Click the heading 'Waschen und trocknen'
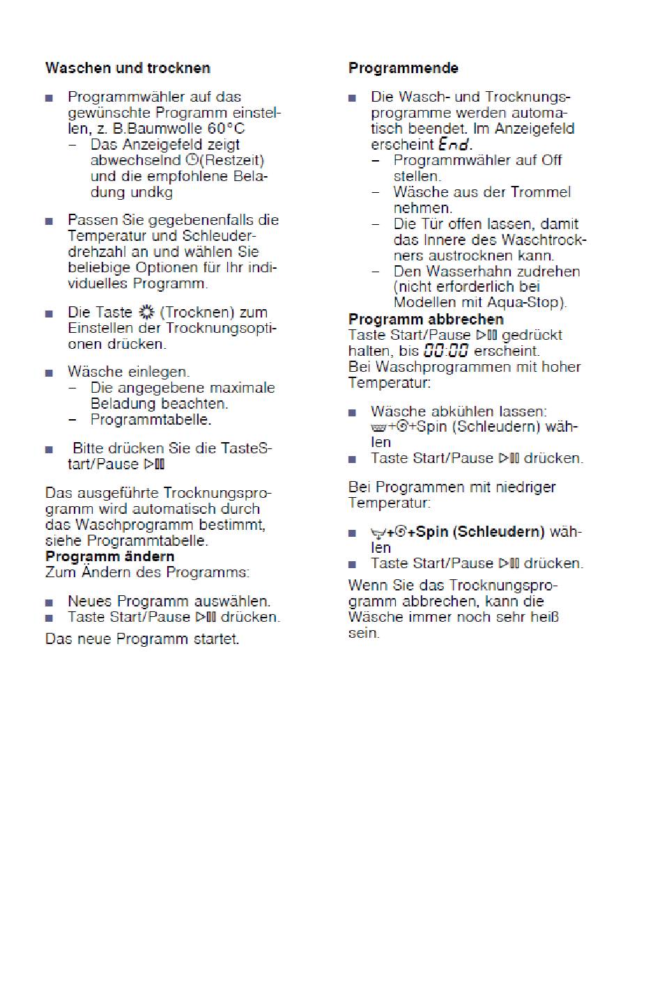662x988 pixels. [x=128, y=68]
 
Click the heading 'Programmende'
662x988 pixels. [x=403, y=68]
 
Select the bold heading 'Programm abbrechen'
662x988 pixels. [x=426, y=320]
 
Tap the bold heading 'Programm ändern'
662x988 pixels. [x=109, y=557]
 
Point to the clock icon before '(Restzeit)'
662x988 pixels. [x=192, y=161]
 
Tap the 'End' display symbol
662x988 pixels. [x=454, y=145]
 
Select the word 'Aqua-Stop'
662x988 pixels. [x=532, y=303]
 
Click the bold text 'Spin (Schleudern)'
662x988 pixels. [x=480, y=533]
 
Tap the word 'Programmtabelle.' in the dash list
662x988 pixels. [x=151, y=420]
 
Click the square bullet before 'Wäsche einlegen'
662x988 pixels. [x=49, y=373]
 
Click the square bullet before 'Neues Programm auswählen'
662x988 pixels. [x=49, y=602]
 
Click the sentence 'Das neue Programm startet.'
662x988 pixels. [x=142, y=639]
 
